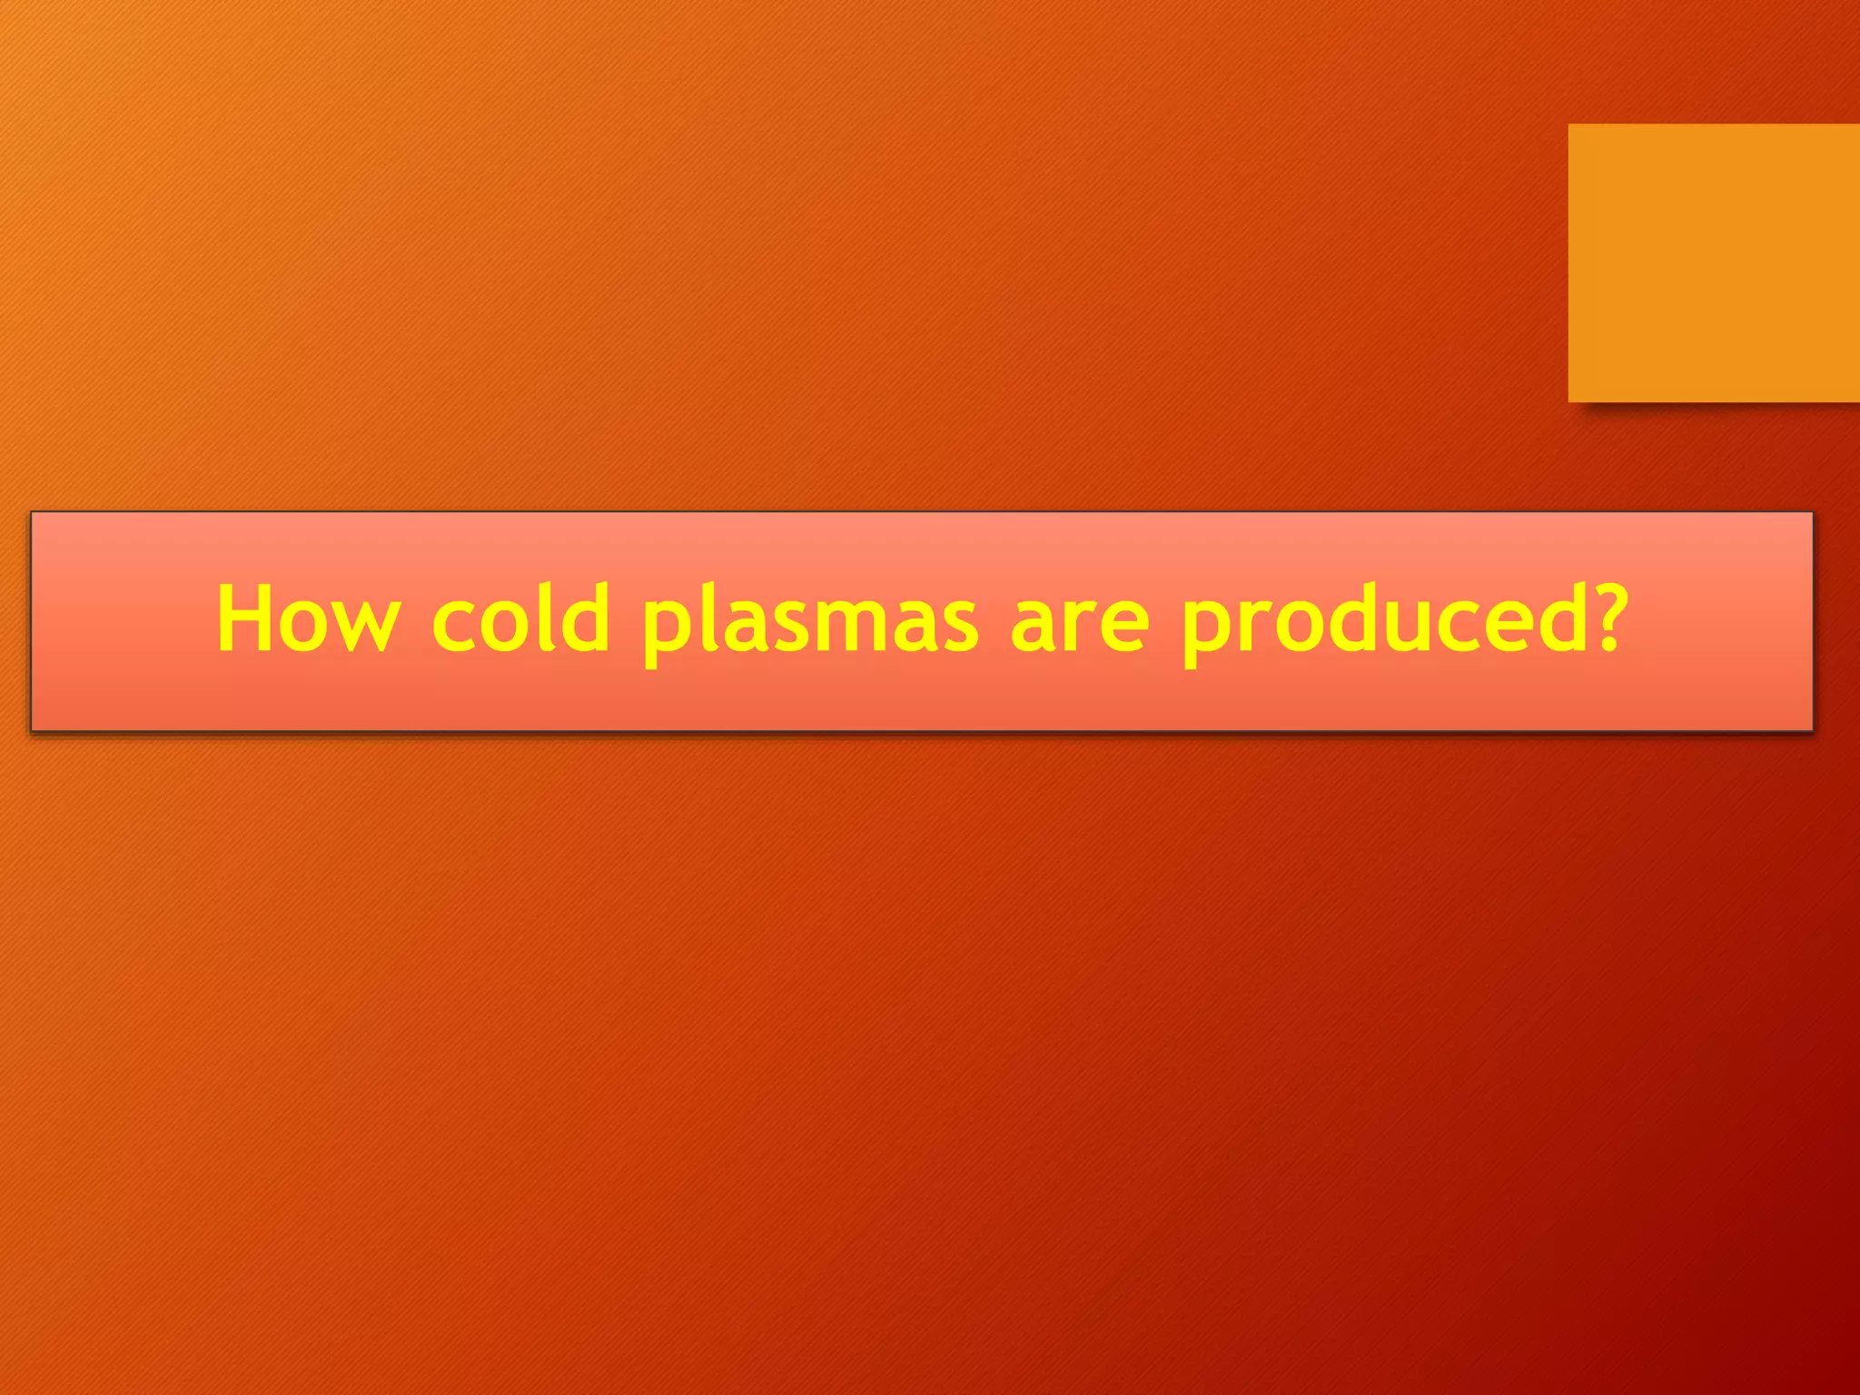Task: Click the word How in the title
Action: point(308,618)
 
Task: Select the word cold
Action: point(520,618)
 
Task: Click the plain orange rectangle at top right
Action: point(1713,262)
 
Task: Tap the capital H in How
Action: point(248,618)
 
